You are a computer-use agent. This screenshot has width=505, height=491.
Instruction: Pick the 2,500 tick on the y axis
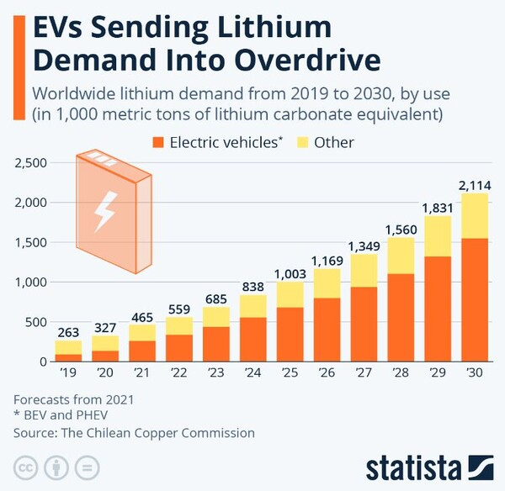(x=32, y=162)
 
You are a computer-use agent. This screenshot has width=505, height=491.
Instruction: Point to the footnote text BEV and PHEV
(x=61, y=416)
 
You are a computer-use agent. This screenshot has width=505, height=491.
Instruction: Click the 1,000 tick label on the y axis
(x=32, y=282)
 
